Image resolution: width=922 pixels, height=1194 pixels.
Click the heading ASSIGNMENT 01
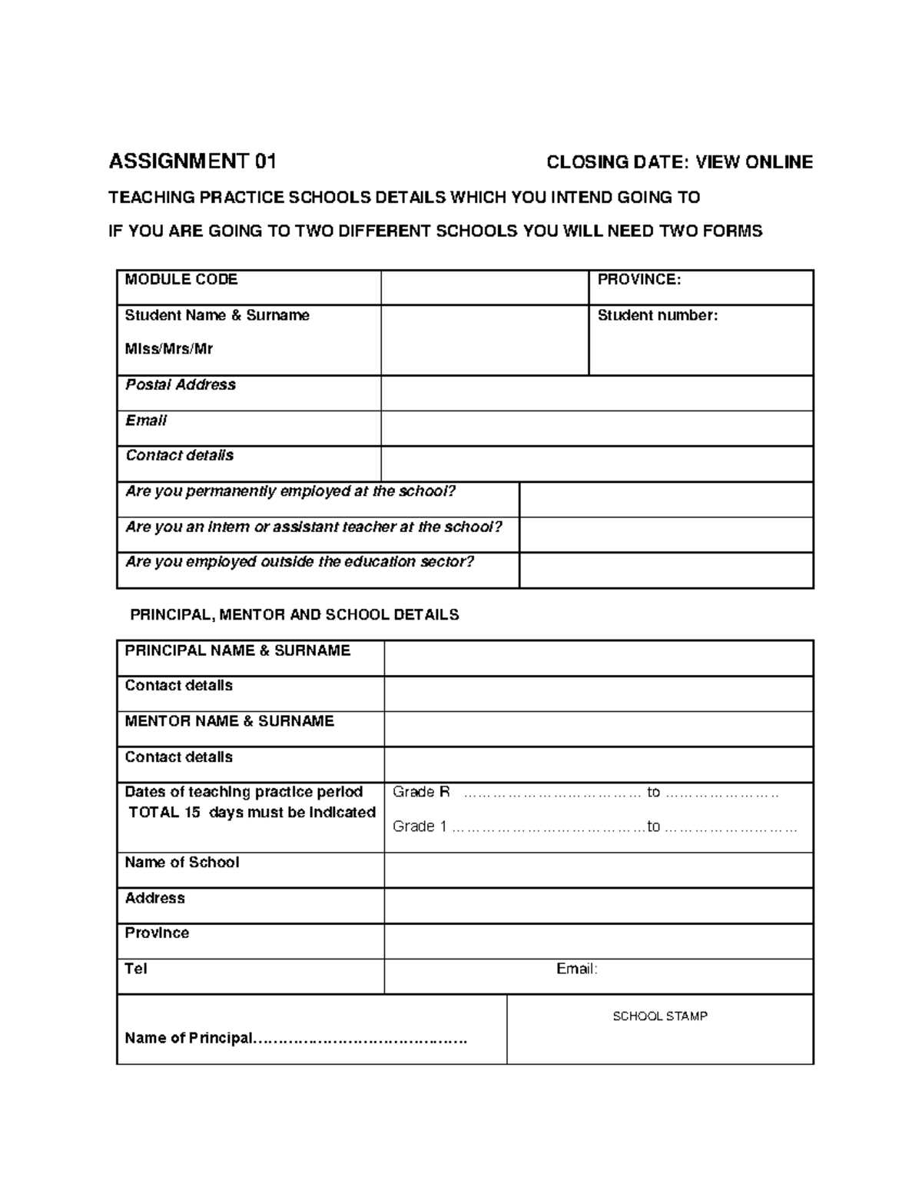(192, 161)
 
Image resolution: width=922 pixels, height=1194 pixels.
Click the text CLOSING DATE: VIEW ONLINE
(679, 162)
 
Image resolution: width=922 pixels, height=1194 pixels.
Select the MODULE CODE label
(181, 280)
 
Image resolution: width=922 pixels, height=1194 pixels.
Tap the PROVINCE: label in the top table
(639, 280)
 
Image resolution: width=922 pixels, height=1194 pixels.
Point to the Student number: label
(658, 315)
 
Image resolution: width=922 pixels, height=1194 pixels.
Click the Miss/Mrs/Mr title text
(169, 349)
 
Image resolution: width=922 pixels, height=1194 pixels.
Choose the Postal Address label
(181, 385)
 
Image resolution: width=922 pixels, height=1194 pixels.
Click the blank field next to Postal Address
(596, 393)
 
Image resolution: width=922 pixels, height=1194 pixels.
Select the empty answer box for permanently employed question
(665, 500)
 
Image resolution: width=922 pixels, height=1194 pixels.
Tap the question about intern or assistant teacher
(313, 527)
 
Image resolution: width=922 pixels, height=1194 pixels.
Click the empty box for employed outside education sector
(665, 570)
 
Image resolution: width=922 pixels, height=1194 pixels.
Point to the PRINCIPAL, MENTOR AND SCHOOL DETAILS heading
(294, 615)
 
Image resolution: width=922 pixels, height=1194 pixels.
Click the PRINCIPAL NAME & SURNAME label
(237, 651)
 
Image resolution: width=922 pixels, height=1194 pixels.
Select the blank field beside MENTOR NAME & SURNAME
(598, 729)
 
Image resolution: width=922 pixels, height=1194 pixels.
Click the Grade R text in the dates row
(421, 793)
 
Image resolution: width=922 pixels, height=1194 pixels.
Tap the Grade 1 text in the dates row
(420, 826)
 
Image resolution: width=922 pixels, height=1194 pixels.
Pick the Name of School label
(182, 863)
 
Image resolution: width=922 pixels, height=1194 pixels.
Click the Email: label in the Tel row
(576, 970)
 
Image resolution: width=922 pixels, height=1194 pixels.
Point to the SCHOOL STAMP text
(660, 1016)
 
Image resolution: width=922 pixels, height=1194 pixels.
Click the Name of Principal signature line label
(189, 1039)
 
